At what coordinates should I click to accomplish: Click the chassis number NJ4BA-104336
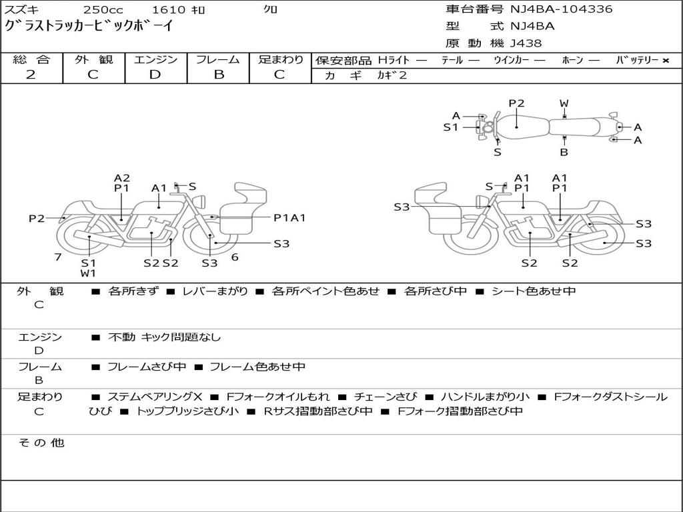pos(561,9)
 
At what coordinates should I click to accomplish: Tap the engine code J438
pos(526,43)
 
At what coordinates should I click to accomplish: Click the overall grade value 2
pos(31,75)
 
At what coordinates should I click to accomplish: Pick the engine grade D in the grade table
pos(155,75)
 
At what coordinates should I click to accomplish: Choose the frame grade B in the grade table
pos(219,75)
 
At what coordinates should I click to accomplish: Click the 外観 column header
pos(93,59)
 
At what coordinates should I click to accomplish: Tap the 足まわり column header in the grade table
pos(281,59)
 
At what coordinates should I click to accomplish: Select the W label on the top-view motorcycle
pos(564,103)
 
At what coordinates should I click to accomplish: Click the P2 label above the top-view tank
pos(516,103)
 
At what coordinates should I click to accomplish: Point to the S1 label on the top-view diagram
pos(451,127)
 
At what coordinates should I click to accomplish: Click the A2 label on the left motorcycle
pos(121,178)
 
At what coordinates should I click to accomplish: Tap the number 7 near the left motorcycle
pos(58,257)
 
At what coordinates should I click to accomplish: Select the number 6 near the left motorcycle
pos(235,257)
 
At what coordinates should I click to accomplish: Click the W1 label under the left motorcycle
pos(89,273)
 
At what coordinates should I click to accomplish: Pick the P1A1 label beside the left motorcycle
pos(289,217)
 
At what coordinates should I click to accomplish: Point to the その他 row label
pos(41,443)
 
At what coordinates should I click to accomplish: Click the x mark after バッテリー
pos(665,61)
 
